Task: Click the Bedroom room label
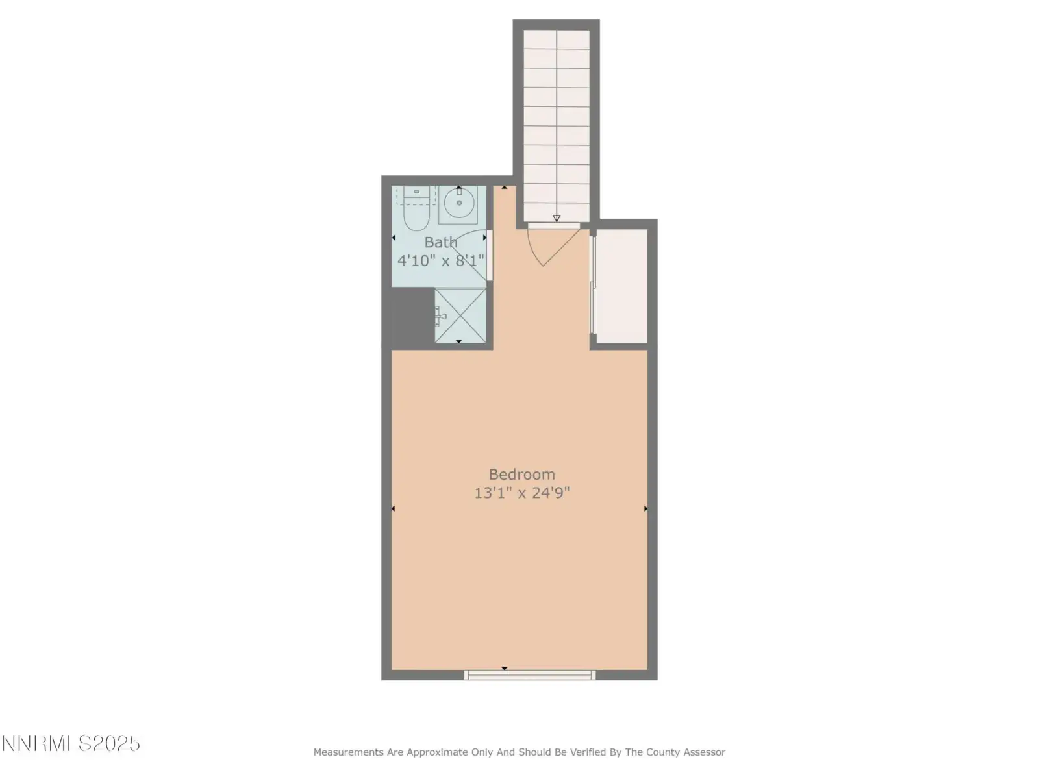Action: pyautogui.click(x=521, y=475)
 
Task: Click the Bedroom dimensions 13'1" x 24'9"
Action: pyautogui.click(x=521, y=493)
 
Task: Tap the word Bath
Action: pyautogui.click(x=441, y=242)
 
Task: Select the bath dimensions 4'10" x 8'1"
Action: pyautogui.click(x=441, y=260)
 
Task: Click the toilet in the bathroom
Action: pyautogui.click(x=416, y=208)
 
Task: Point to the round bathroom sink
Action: pyautogui.click(x=458, y=203)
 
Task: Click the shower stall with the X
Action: pyautogui.click(x=460, y=315)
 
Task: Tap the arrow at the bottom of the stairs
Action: pyautogui.click(x=557, y=218)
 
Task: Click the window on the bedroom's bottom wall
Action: pyautogui.click(x=529, y=675)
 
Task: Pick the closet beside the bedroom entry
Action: pyautogui.click(x=621, y=286)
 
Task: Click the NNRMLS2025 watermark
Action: pyautogui.click(x=71, y=744)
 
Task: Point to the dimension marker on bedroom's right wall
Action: pyautogui.click(x=645, y=508)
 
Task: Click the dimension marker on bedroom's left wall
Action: pyautogui.click(x=393, y=508)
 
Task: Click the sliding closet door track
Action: pyautogui.click(x=592, y=285)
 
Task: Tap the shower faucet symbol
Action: pyautogui.click(x=441, y=316)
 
